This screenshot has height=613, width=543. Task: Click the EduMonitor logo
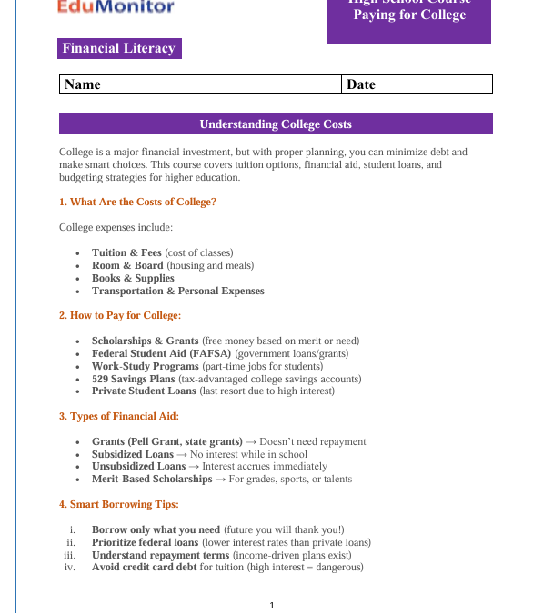click(x=115, y=8)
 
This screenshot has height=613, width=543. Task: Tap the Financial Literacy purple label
click(x=119, y=49)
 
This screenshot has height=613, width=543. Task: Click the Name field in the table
click(x=200, y=84)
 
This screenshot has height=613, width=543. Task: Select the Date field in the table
click(x=417, y=84)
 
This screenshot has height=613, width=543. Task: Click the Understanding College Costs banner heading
click(x=276, y=124)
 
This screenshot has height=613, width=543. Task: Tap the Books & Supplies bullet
click(x=133, y=278)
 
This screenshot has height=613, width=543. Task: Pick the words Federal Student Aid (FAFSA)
click(x=161, y=353)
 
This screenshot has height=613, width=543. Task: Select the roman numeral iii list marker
click(x=68, y=555)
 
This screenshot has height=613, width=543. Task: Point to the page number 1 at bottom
click(x=272, y=606)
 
